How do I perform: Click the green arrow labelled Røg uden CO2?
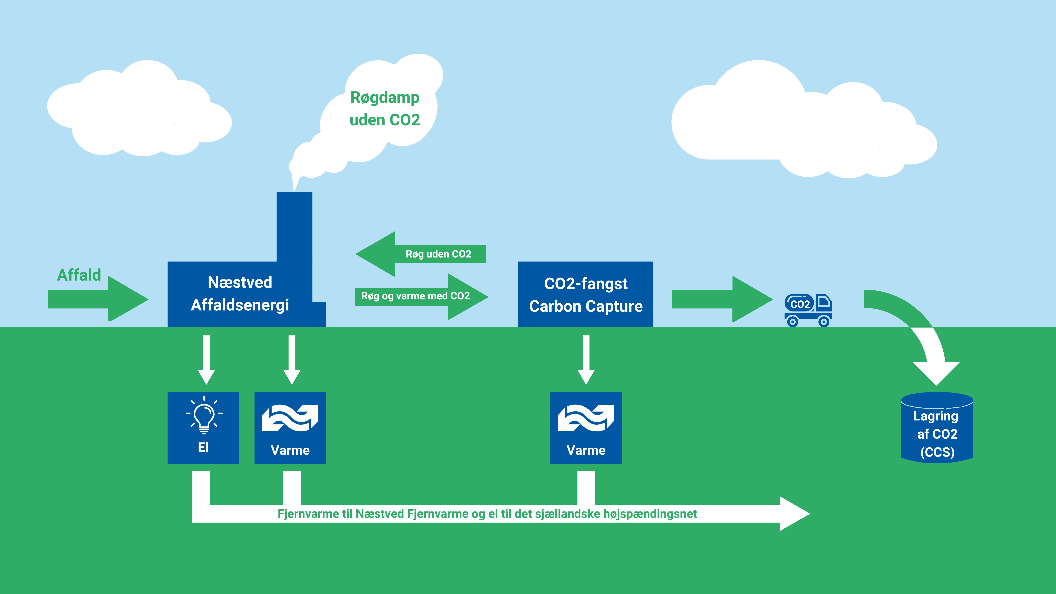click(x=421, y=254)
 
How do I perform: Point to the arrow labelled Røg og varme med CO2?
click(x=421, y=296)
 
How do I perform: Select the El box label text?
click(x=203, y=447)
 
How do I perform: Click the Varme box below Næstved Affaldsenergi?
click(x=290, y=428)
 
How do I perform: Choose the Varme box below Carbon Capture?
click(x=586, y=428)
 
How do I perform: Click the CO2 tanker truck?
click(x=808, y=310)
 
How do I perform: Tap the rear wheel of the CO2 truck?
click(x=793, y=322)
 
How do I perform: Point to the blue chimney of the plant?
click(x=294, y=227)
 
